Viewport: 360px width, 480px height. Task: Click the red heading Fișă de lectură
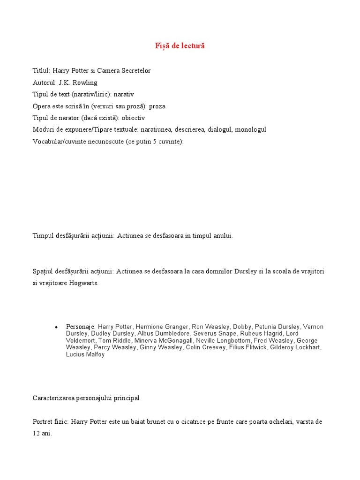[x=180, y=46]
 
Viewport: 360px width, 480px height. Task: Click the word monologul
[x=251, y=129]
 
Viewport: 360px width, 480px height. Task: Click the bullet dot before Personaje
[x=56, y=327]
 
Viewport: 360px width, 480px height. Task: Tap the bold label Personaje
[x=80, y=327]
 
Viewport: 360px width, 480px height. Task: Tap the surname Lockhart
[x=308, y=348]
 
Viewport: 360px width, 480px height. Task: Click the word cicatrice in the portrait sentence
[x=199, y=422]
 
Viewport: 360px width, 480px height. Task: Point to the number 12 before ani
[x=37, y=434]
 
